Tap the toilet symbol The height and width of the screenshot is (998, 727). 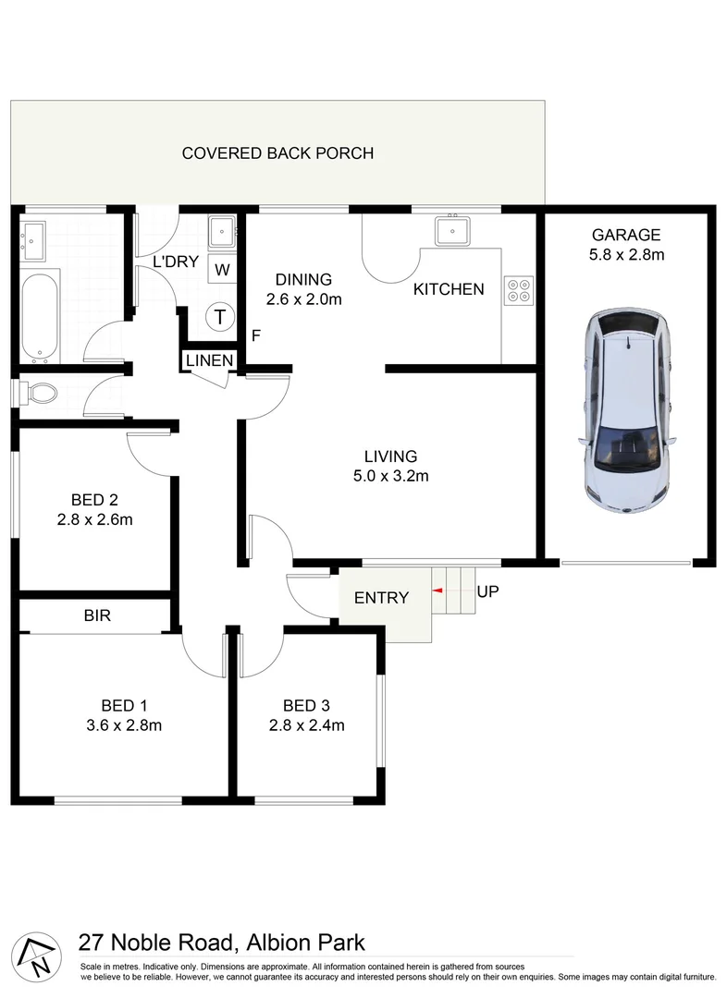coord(39,394)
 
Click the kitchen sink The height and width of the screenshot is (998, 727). coord(453,230)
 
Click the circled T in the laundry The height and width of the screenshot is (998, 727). coord(220,317)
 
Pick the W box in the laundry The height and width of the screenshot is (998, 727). coord(222,270)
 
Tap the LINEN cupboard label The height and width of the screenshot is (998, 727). coord(209,360)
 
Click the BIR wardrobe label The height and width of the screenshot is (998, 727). coord(97,615)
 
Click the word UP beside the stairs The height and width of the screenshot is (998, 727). coord(488,591)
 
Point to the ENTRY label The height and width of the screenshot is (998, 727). coord(381,598)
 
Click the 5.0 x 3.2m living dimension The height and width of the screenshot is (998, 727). coord(390,477)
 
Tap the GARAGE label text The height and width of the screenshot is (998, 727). coord(626,235)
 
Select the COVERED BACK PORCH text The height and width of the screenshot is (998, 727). coord(277,153)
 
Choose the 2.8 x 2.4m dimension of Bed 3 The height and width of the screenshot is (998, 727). coord(307,725)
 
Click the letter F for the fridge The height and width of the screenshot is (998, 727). coord(255,335)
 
